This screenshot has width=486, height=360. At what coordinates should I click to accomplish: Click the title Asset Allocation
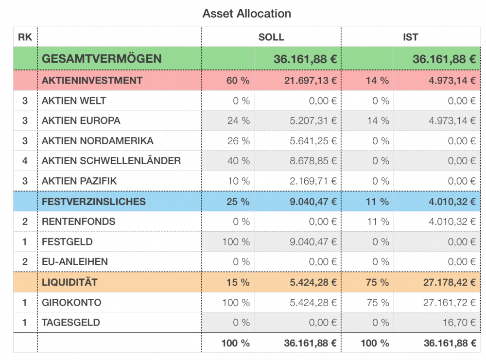pyautogui.click(x=246, y=14)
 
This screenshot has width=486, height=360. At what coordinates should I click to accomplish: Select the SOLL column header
pyautogui.click(x=271, y=37)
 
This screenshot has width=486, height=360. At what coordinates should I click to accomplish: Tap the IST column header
pyautogui.click(x=410, y=37)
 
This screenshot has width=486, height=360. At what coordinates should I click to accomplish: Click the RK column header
pyautogui.click(x=25, y=37)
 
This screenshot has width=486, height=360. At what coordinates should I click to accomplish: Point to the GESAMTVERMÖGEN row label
pyautogui.click(x=101, y=59)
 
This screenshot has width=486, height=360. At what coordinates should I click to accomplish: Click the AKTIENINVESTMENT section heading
pyautogui.click(x=92, y=80)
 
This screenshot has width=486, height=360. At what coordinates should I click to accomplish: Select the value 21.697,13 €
pyautogui.click(x=311, y=80)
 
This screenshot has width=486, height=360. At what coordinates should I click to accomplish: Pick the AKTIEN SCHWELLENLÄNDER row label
pyautogui.click(x=111, y=161)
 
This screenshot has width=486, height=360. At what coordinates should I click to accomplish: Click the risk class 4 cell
pyautogui.click(x=25, y=161)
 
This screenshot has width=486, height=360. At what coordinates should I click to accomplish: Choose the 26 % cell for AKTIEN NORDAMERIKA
pyautogui.click(x=238, y=141)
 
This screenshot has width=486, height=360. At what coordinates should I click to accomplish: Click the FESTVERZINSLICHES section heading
pyautogui.click(x=93, y=201)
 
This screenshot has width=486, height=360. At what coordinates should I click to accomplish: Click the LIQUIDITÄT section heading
pyautogui.click(x=69, y=282)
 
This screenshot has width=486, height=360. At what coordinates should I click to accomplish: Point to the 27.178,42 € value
pyautogui.click(x=450, y=282)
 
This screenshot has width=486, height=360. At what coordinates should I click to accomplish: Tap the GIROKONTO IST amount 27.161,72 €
pyautogui.click(x=450, y=303)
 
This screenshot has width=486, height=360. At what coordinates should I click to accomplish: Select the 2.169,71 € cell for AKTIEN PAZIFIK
pyautogui.click(x=313, y=181)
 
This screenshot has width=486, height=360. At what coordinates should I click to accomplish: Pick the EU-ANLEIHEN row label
pyautogui.click(x=74, y=262)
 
